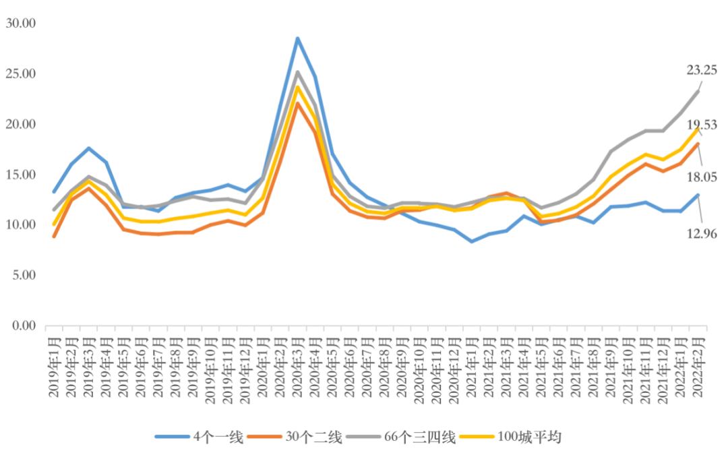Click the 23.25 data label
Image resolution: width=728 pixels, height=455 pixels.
(701, 69)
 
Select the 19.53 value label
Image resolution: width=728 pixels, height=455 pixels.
(702, 125)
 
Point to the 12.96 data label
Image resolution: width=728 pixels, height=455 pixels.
(702, 234)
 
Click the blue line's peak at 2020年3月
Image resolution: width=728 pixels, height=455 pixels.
(297, 38)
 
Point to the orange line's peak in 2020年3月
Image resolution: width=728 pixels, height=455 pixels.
(297, 103)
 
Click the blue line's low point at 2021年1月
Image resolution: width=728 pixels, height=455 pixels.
(472, 241)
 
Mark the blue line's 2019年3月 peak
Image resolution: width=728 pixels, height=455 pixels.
(88, 148)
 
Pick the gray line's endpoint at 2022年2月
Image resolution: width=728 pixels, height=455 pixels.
(698, 91)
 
